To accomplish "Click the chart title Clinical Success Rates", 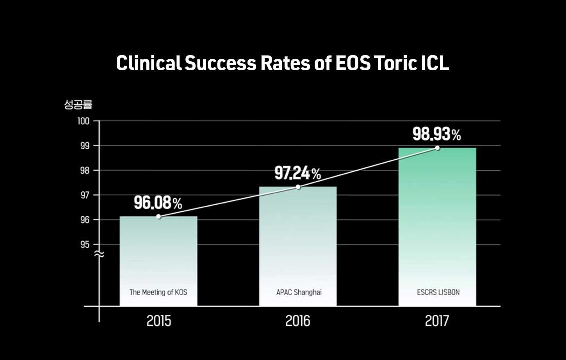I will tap(283, 63).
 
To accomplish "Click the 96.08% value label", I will tap(158, 203).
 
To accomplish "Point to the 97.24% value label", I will tap(297, 173).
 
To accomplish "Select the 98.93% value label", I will tap(436, 134).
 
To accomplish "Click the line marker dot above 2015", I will tap(158, 216).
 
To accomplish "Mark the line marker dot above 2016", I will tap(298, 187).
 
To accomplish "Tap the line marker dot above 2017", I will tap(438, 148).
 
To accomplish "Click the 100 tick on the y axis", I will tap(83, 121).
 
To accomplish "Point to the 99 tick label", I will tap(85, 146).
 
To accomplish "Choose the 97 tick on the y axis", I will tap(85, 195).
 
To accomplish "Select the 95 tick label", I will tap(85, 245).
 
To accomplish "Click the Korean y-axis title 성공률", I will tap(78, 105).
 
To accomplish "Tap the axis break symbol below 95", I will tap(100, 254).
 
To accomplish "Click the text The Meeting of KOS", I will tap(158, 292).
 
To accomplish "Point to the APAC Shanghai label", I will tap(299, 292).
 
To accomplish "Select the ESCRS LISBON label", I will tap(438, 292).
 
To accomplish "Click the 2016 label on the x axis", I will tap(298, 321).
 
